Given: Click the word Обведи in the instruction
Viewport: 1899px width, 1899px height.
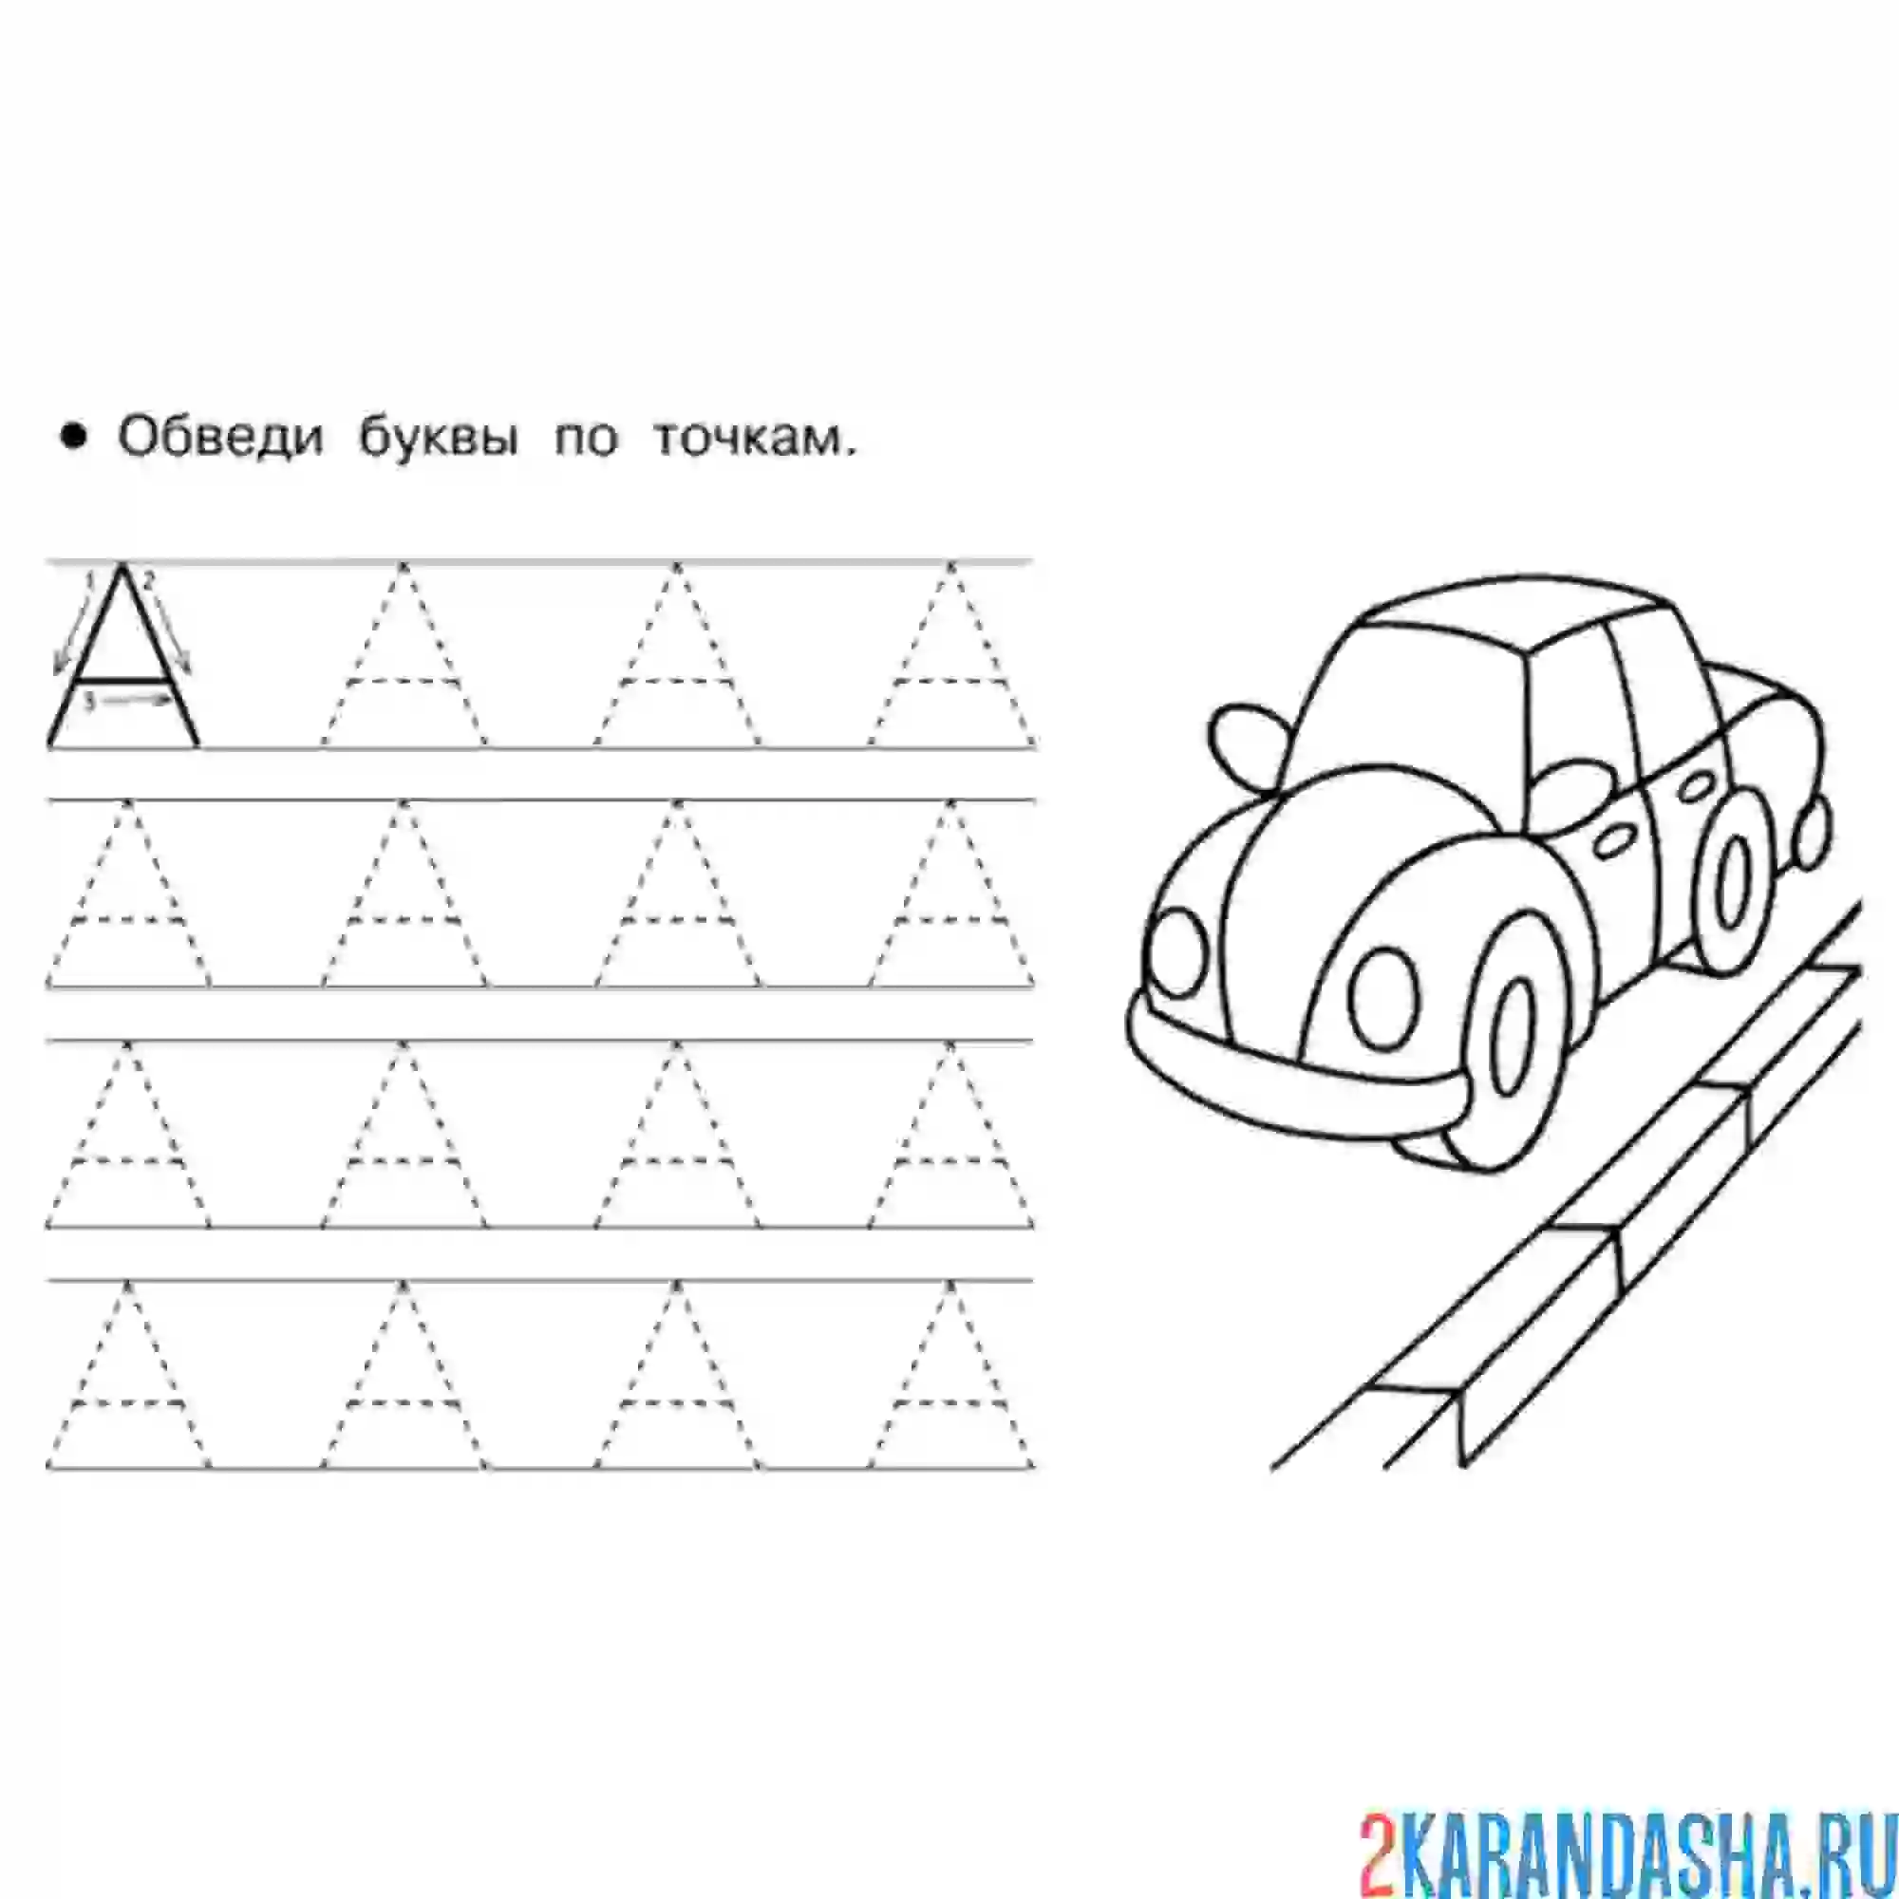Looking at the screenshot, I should (x=220, y=440).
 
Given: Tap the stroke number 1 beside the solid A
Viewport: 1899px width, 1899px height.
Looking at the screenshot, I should (x=89, y=581).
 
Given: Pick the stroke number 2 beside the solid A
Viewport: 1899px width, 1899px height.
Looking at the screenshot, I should (x=150, y=580).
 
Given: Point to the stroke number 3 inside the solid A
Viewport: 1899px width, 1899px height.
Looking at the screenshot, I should (x=89, y=702).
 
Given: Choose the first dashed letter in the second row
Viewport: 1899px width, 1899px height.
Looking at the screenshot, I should (x=127, y=894).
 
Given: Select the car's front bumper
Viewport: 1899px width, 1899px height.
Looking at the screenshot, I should (x=1297, y=1081).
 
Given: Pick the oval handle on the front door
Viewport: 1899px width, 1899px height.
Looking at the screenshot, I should (x=1608, y=841).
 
